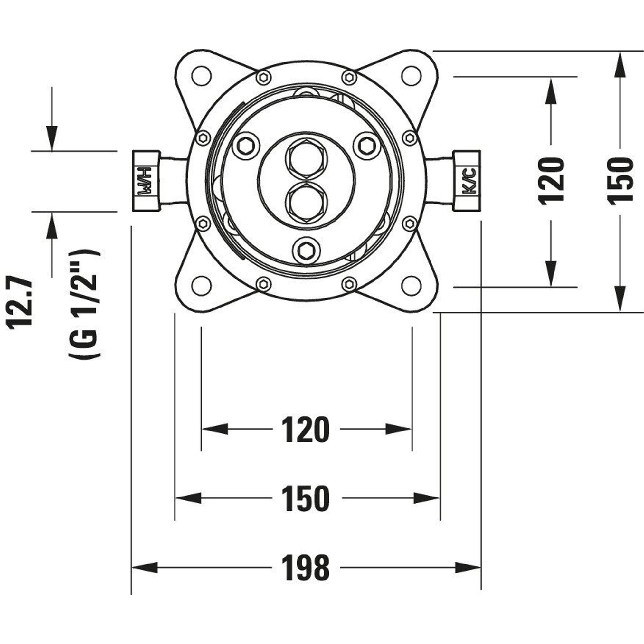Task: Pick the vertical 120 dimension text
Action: [x=551, y=181]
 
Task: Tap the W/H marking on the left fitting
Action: [x=146, y=181]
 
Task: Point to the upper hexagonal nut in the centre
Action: [x=307, y=159]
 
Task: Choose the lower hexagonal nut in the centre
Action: [x=307, y=203]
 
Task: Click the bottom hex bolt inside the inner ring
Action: [x=306, y=249]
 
